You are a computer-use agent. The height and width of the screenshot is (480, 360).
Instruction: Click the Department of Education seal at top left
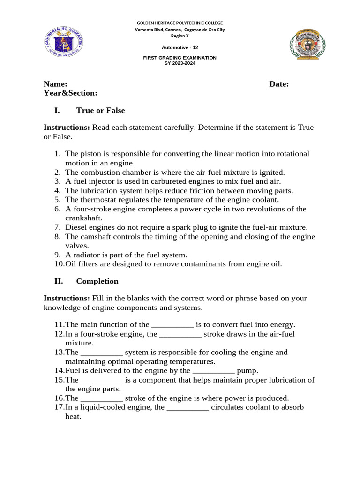click(64, 44)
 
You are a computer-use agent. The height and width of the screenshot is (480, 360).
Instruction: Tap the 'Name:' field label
click(55, 84)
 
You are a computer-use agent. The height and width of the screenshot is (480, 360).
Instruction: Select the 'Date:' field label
click(279, 84)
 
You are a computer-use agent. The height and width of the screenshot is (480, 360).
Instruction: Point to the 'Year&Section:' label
click(70, 93)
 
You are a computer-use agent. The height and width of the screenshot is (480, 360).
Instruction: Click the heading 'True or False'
click(100, 111)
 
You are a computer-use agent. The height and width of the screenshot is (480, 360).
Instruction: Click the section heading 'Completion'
click(97, 281)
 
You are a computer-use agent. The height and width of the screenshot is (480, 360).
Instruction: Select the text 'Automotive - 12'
click(180, 48)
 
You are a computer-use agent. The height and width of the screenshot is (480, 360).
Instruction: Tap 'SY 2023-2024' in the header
click(180, 63)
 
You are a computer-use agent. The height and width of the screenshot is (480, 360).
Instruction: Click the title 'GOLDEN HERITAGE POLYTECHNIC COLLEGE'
click(180, 23)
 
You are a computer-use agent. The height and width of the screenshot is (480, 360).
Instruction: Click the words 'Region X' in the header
click(180, 36)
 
